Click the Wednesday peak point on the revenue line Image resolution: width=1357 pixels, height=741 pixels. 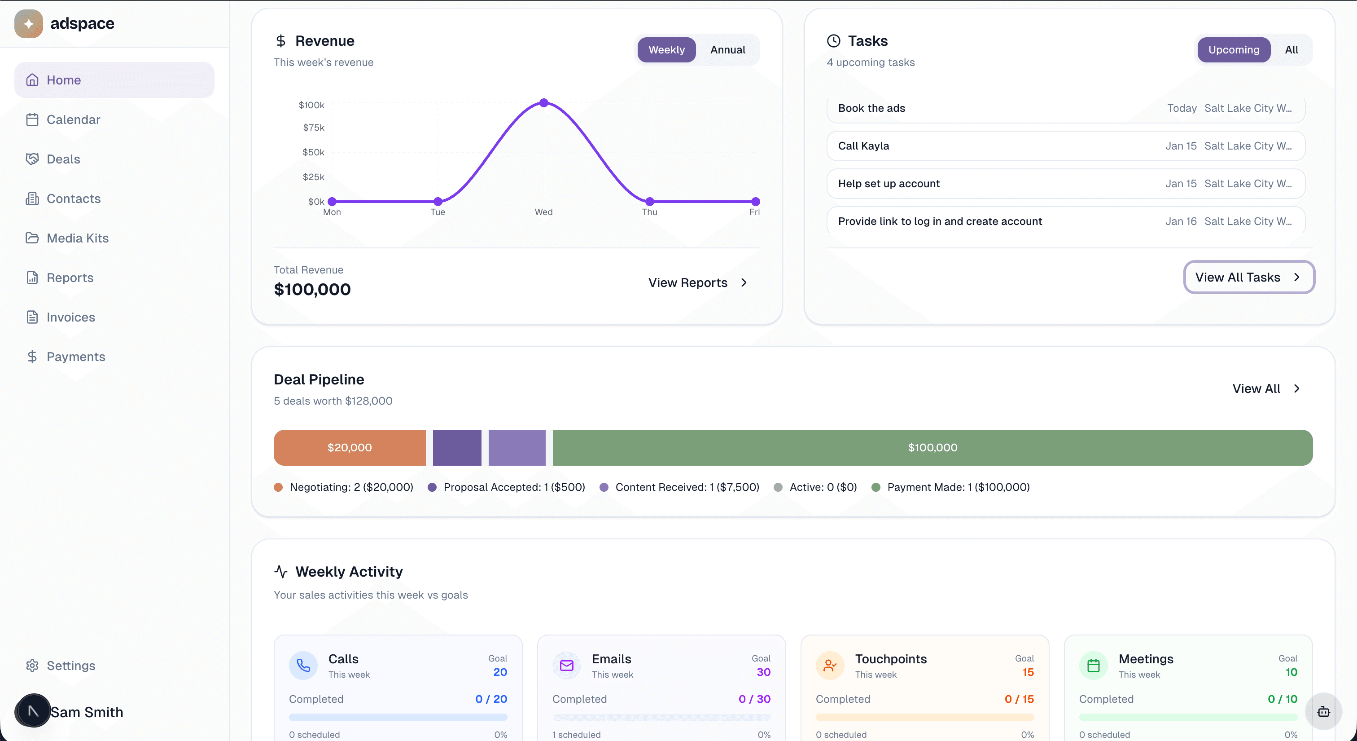point(543,103)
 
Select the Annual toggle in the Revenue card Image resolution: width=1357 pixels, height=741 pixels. point(727,49)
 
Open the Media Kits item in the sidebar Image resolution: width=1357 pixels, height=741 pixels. point(78,238)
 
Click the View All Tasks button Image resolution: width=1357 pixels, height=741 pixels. point(1248,277)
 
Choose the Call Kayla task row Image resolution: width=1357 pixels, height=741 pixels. point(1065,146)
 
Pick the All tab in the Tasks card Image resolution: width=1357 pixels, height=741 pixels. point(1291,49)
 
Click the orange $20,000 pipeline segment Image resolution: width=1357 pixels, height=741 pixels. point(349,447)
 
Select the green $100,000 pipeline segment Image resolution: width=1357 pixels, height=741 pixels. point(932,447)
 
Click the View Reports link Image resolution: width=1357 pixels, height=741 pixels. point(697,283)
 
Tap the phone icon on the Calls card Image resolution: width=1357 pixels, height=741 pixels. point(303,665)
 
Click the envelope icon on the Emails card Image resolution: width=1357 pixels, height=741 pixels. point(566,665)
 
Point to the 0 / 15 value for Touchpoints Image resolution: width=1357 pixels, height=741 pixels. point(1019,699)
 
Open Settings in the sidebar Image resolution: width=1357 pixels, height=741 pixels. point(70,666)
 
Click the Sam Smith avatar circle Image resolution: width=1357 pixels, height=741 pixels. point(33,711)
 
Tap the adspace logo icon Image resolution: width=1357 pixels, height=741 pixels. point(28,24)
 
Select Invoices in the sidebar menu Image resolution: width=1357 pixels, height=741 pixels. point(70,317)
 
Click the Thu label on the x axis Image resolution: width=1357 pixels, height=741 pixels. point(649,212)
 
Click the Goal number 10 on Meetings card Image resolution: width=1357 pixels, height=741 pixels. point(1291,672)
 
